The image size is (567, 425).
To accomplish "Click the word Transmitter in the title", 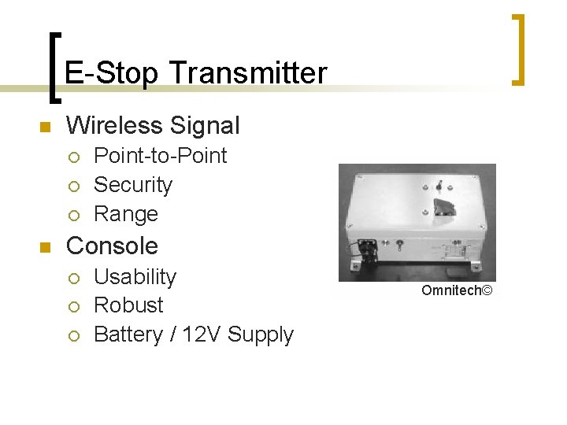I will pos(247,73).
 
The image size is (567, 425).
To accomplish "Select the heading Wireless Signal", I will pos(153,125).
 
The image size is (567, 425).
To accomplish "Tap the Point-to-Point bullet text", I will pos(160,156).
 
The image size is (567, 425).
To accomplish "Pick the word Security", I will pos(132,185).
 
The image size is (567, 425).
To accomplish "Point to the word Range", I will pos(126,214).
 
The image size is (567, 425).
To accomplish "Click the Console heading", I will pos(112,246).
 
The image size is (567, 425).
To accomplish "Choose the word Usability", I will pos(135,277).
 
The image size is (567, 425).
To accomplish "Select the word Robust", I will pos(128,305).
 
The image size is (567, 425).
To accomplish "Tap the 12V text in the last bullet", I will pos(202,334).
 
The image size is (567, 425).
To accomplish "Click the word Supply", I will pos(260,334).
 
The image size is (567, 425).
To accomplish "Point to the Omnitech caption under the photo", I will pos(456,291).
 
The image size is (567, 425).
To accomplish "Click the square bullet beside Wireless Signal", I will pos(46,127).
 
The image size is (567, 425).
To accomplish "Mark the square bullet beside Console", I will pos(46,247).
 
